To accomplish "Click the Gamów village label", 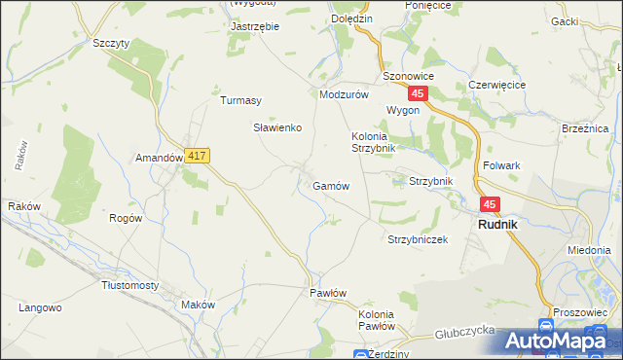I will [331, 185].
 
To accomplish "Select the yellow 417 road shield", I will [197, 156].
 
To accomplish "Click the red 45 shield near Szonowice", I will [418, 93].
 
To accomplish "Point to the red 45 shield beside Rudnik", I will [489, 204].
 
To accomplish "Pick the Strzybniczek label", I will [417, 239].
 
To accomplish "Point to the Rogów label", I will [127, 218].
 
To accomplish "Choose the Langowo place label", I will [41, 307].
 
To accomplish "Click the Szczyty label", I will [111, 43].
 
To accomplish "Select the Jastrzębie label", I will [254, 26].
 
